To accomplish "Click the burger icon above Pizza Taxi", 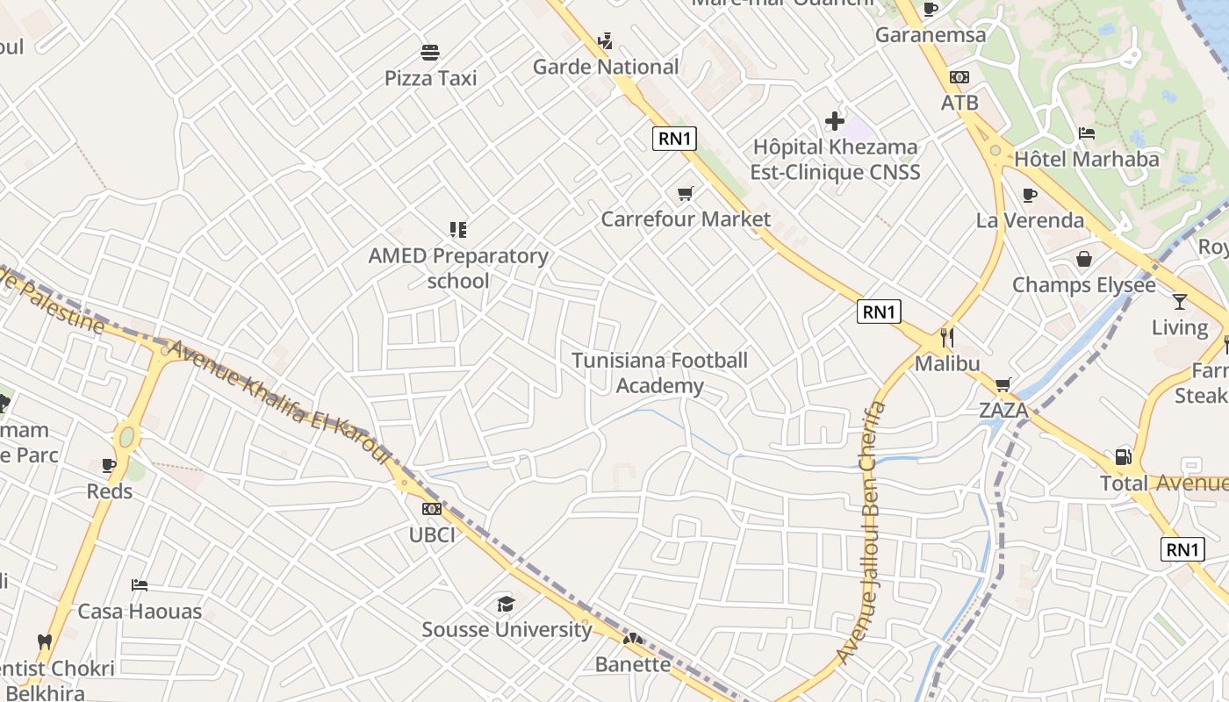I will (430, 53).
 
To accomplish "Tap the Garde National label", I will (606, 67).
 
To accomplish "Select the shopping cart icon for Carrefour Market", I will (685, 193).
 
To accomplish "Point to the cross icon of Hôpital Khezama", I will (834, 121).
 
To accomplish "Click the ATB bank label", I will (959, 103).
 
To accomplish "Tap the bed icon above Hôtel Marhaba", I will (1087, 133).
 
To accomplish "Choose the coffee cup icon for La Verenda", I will (1030, 195).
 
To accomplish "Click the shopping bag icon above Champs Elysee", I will (1084, 259).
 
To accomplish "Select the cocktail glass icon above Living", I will (1179, 302).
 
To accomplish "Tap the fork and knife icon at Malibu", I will (946, 337).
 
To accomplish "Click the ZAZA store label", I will (1003, 410).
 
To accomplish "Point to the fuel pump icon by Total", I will (1123, 456).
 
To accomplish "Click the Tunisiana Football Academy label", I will (659, 373).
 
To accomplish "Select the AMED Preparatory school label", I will (458, 268).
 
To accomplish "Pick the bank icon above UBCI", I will (431, 509).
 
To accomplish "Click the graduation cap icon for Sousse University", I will (506, 604).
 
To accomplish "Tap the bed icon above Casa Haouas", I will (140, 585).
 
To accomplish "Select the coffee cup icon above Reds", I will (109, 465).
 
